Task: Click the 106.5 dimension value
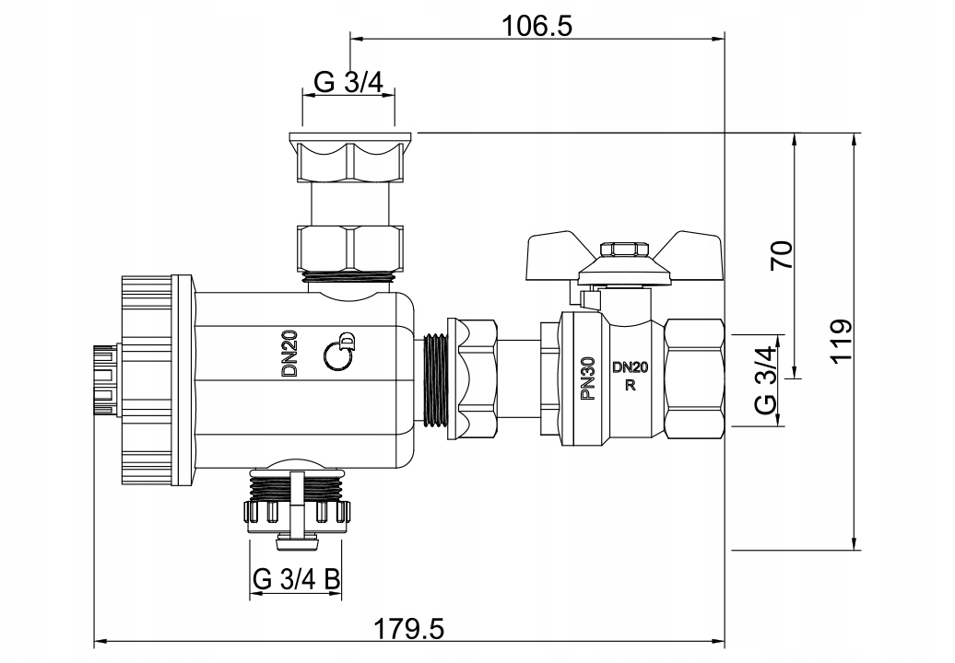pos(536,26)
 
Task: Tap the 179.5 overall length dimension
pos(408,628)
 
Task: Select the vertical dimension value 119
pos(842,342)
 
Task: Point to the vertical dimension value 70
pos(782,255)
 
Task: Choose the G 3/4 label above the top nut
pos(349,82)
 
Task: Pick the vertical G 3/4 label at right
pos(765,380)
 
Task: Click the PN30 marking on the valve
pos(587,378)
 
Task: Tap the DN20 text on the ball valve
pos(631,367)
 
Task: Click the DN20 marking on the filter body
pos(289,354)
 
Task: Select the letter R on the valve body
pos(631,385)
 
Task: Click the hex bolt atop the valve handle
pos(622,249)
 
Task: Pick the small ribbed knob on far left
pos(106,380)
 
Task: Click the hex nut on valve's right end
pos(694,380)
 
